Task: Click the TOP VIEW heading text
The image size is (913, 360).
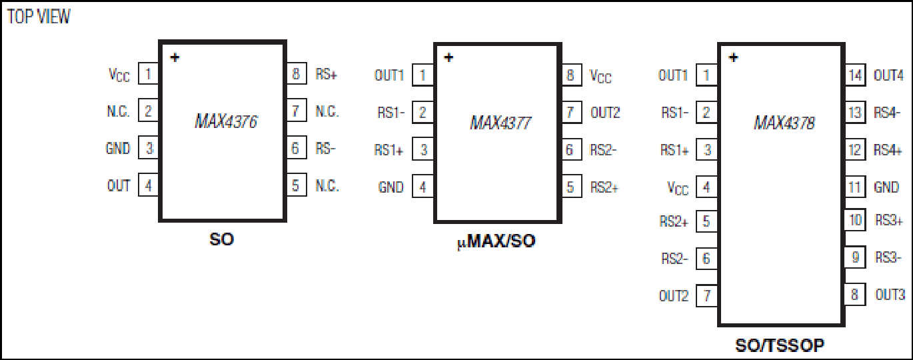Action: pyautogui.click(x=39, y=17)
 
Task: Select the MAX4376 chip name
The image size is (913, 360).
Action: pyautogui.click(x=226, y=121)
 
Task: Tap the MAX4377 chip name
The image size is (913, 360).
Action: pyautogui.click(x=500, y=123)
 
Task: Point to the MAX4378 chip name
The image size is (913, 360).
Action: pyautogui.click(x=784, y=123)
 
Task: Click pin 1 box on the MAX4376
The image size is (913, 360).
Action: pyautogui.click(x=149, y=74)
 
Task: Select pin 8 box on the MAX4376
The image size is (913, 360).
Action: pyautogui.click(x=297, y=74)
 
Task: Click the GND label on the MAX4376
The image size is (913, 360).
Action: pyautogui.click(x=118, y=149)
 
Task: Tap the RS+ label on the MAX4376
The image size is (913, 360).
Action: pyautogui.click(x=326, y=74)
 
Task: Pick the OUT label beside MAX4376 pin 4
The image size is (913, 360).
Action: pyautogui.click(x=119, y=185)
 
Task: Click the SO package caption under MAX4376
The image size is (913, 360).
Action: pyautogui.click(x=222, y=239)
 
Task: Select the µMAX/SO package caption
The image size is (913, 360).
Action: pyautogui.click(x=496, y=241)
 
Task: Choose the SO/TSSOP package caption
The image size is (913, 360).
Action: pyautogui.click(x=780, y=345)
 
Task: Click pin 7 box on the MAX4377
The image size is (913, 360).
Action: pyautogui.click(x=571, y=112)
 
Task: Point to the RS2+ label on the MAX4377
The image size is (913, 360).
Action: pyautogui.click(x=604, y=187)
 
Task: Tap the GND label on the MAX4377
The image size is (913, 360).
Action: pyautogui.click(x=391, y=187)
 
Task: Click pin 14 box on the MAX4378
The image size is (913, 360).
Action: pyautogui.click(x=855, y=75)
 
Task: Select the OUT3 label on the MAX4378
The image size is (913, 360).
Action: pyautogui.click(x=890, y=295)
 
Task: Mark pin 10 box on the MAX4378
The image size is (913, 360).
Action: pyautogui.click(x=855, y=220)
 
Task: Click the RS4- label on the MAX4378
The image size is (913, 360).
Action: pyautogui.click(x=887, y=112)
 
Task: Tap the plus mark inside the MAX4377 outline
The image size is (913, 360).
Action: pyautogui.click(x=449, y=57)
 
